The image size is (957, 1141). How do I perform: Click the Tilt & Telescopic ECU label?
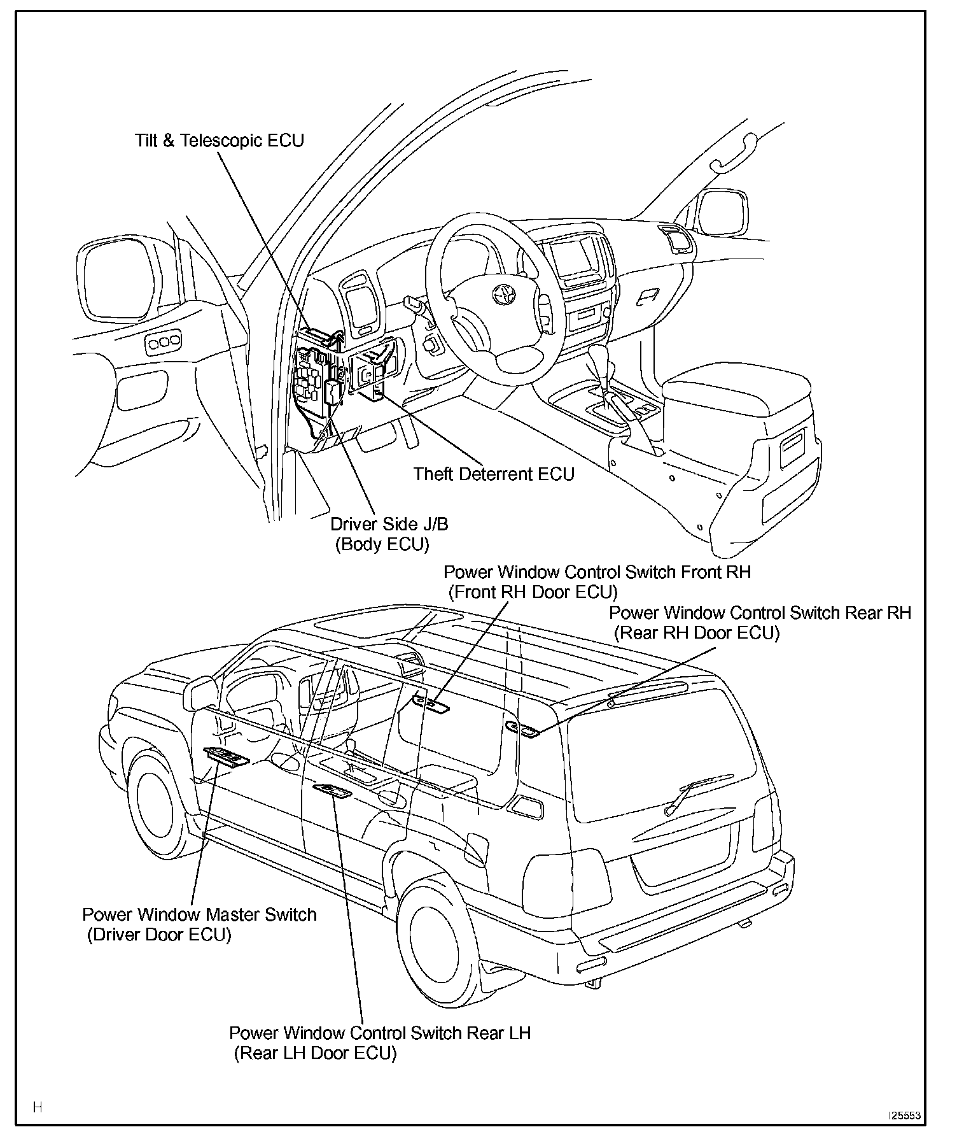click(220, 140)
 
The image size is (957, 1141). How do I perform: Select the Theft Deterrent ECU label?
click(494, 474)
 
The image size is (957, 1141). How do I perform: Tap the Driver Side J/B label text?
click(389, 524)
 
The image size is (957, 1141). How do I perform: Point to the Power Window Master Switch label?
click(199, 915)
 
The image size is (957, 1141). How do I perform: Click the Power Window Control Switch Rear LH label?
click(380, 1033)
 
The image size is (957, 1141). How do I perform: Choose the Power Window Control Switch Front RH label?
click(597, 572)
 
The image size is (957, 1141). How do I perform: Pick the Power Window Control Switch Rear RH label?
click(760, 613)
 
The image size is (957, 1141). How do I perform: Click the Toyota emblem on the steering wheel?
click(504, 294)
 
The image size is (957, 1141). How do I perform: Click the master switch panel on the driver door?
click(227, 756)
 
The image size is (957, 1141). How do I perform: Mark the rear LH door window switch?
click(332, 791)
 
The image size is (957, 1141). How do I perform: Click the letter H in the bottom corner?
click(38, 1107)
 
